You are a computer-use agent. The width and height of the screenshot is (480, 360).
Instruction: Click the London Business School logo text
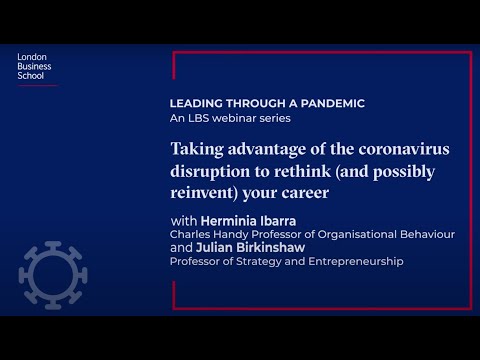pos(35,66)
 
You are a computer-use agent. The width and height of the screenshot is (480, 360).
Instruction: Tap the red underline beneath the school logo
pos(37,85)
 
